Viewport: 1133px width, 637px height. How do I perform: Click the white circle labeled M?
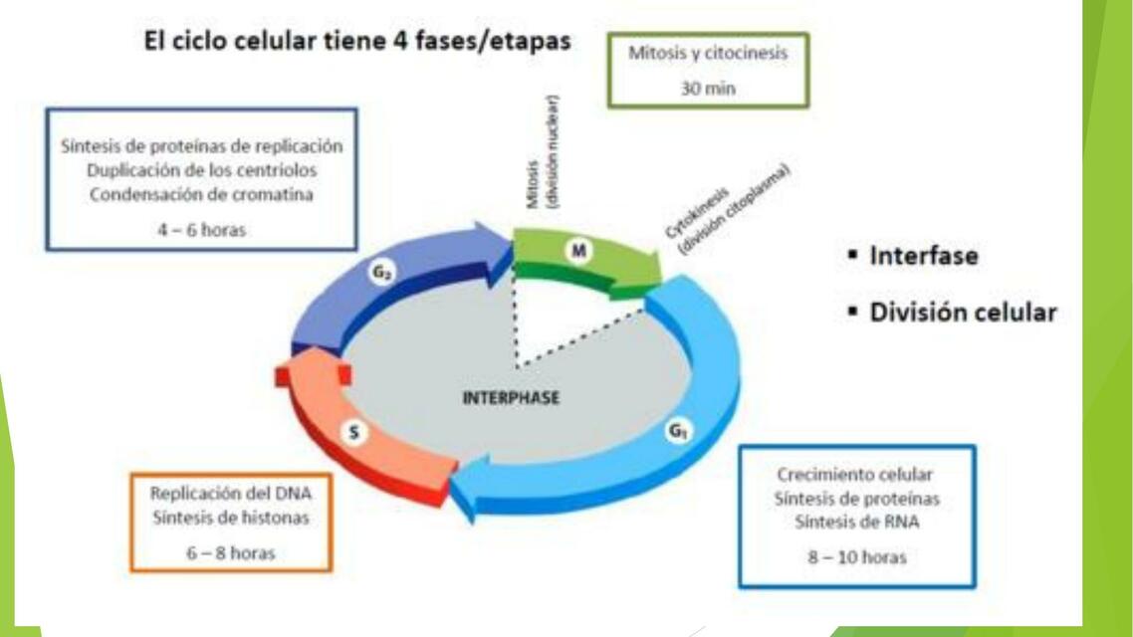578,251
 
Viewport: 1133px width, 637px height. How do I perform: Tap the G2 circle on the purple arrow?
381,273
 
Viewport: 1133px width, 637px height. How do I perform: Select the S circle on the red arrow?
354,432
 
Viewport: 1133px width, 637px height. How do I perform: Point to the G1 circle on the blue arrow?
677,431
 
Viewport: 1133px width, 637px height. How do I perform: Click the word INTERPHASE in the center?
511,398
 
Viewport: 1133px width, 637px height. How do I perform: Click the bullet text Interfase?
924,256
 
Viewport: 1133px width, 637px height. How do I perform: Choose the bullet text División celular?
963,312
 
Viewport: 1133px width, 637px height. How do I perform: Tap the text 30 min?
708,89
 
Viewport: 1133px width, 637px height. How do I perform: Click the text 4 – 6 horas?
201,230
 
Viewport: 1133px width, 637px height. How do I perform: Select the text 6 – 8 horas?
231,553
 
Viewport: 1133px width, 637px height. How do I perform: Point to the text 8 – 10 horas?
857,557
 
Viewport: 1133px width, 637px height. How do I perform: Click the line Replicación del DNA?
231,494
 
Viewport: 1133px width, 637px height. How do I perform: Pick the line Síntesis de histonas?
231,518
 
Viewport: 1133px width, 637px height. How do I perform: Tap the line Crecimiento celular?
855,475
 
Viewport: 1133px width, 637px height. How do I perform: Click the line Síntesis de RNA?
857,522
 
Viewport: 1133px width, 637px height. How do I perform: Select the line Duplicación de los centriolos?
201,170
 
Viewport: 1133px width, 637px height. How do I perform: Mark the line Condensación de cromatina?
201,194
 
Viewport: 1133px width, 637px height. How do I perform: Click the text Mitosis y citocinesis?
708,53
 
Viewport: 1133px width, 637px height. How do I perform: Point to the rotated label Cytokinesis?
697,213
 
